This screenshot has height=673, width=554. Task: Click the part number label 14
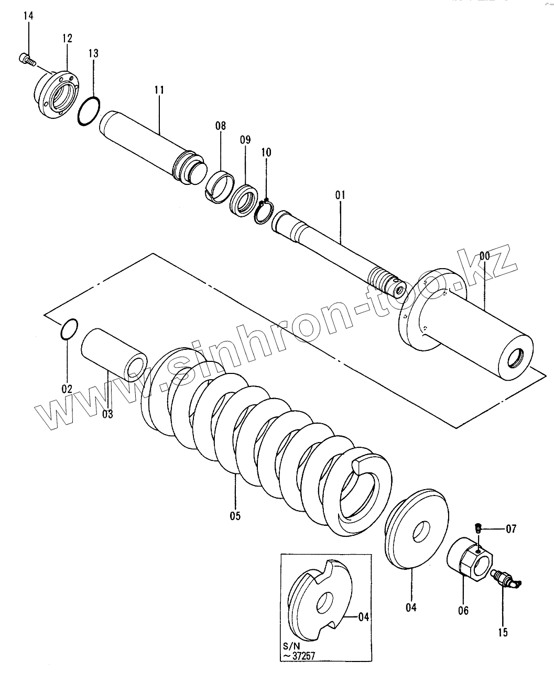tap(28, 16)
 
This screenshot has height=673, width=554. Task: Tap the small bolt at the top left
tap(27, 59)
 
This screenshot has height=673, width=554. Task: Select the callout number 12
tap(68, 38)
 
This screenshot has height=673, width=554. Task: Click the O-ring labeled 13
tap(89, 111)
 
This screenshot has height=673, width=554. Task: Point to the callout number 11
tap(159, 90)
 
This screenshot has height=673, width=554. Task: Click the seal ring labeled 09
tap(244, 201)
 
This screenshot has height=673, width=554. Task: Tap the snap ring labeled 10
tap(264, 212)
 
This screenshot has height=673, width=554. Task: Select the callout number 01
tap(340, 195)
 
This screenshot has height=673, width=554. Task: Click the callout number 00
tap(484, 256)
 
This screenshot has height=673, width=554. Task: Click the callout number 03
tap(107, 414)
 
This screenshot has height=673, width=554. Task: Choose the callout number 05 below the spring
tap(235, 516)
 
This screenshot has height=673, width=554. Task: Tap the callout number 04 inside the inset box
tap(364, 617)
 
